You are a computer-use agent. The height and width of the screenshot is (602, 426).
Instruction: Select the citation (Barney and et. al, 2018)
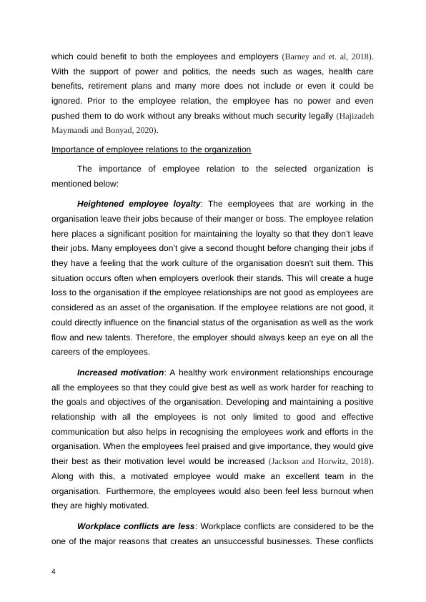coord(327,55)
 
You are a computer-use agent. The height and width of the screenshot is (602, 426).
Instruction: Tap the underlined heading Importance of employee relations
coord(151,149)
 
